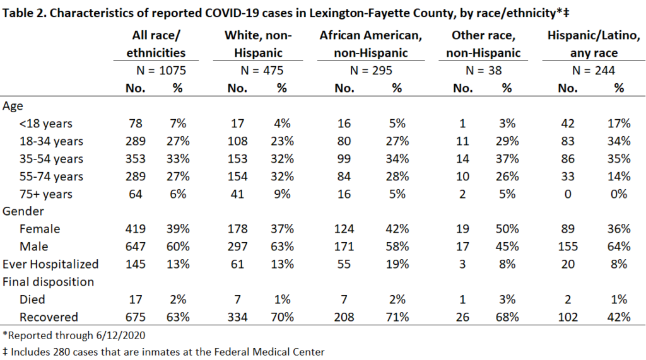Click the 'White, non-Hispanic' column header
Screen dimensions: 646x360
258,44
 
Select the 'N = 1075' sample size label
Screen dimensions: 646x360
161,71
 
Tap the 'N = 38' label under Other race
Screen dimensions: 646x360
484,71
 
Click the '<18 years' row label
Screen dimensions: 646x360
45,124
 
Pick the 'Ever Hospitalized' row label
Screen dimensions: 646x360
50,264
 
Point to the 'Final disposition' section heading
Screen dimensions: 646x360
48,282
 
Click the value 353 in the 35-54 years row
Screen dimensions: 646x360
136,159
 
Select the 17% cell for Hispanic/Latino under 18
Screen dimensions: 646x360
619,124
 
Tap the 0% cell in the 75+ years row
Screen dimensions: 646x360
619,194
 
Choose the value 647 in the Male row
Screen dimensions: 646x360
136,247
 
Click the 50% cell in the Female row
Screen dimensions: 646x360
507,229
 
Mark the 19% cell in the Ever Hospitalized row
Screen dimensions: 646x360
397,264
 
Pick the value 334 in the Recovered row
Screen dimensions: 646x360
238,317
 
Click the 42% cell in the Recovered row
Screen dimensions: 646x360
619,317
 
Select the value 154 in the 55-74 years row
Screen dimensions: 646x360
238,177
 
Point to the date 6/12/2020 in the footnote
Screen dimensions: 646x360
120,335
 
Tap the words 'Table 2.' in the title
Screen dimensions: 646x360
24,13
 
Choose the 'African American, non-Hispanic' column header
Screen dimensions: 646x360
371,44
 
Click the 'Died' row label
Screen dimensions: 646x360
32,299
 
